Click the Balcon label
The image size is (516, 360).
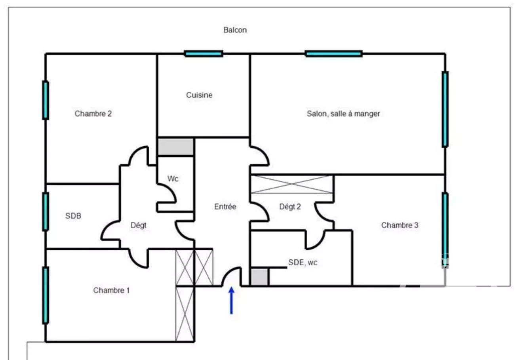click(235, 30)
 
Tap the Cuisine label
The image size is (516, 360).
click(199, 95)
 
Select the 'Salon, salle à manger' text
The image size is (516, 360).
click(343, 114)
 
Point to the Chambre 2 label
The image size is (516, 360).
click(93, 114)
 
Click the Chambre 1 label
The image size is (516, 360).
click(111, 290)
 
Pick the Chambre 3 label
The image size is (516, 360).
click(400, 225)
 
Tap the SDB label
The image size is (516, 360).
click(73, 216)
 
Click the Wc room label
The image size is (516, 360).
click(173, 179)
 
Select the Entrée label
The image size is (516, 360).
click(225, 206)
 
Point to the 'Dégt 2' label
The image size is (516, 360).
click(290, 206)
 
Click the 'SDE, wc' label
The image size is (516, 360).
click(303, 263)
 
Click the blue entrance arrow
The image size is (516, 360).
click(232, 301)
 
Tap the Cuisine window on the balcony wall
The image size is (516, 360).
click(204, 54)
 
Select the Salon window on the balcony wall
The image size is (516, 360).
click(333, 54)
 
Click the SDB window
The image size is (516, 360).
click(46, 211)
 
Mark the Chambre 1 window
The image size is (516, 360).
click(46, 295)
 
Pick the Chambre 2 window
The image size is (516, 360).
click(46, 100)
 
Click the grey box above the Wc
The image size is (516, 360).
click(175, 147)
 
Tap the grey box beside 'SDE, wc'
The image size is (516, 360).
click(259, 277)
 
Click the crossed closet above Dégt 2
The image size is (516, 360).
click(292, 184)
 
